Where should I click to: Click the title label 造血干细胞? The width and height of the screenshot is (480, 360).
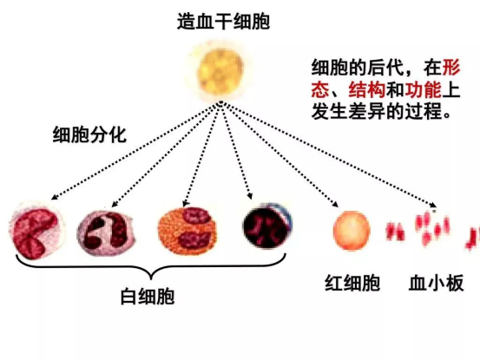point(223,22)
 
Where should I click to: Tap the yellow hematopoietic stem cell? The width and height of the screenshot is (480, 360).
point(220,71)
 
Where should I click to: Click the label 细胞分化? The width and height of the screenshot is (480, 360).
point(89,134)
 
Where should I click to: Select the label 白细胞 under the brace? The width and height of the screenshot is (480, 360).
point(148,296)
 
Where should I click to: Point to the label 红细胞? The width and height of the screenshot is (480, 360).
point(352,283)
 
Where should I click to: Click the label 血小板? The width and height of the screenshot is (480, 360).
point(437,283)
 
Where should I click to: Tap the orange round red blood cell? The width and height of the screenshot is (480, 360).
point(352,230)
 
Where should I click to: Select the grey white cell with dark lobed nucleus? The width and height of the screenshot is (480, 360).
point(105,232)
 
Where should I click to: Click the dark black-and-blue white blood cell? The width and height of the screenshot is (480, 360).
point(267,226)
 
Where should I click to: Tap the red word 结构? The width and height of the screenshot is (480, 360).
point(367,89)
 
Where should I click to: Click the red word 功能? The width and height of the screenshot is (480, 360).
point(424,89)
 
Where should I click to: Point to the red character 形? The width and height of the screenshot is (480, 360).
point(451,68)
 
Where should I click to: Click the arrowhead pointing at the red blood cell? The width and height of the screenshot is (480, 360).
point(336,204)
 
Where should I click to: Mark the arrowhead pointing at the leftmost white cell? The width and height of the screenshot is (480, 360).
point(54,196)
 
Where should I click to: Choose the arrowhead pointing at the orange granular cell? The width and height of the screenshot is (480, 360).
point(185,203)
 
